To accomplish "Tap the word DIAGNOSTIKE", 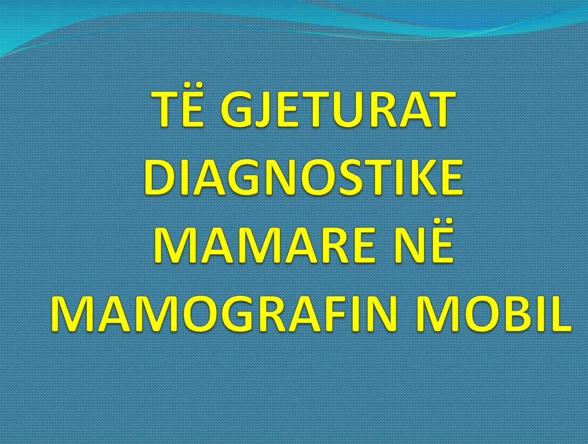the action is [303, 178].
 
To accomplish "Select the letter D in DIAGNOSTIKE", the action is [160, 178].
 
